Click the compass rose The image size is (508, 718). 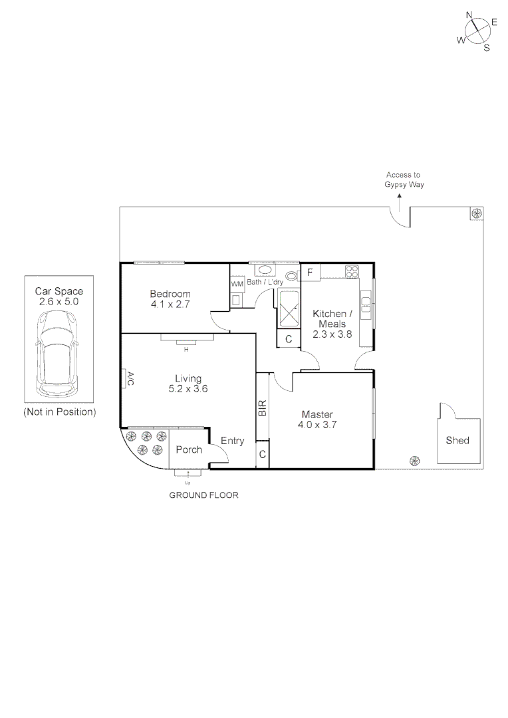pyautogui.click(x=477, y=31)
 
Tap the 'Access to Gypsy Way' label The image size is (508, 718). pyautogui.click(x=404, y=179)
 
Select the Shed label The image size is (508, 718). pyautogui.click(x=457, y=440)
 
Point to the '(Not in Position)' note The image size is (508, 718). pyautogui.click(x=60, y=412)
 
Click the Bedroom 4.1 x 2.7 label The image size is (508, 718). pyautogui.click(x=170, y=299)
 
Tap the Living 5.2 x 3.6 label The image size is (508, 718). pyautogui.click(x=188, y=384)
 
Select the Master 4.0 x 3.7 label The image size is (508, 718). pyautogui.click(x=317, y=419)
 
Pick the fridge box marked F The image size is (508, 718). pyautogui.click(x=310, y=273)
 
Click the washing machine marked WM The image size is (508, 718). pyautogui.click(x=237, y=284)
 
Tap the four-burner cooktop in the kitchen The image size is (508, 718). pyautogui.click(x=352, y=271)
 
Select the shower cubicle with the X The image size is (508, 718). pyautogui.click(x=289, y=310)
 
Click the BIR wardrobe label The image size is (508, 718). pyautogui.click(x=262, y=408)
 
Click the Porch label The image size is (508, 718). pyautogui.click(x=189, y=450)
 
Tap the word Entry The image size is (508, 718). pyautogui.click(x=233, y=441)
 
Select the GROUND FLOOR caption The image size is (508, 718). pyautogui.click(x=203, y=495)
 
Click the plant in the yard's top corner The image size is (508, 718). pyautogui.click(x=476, y=213)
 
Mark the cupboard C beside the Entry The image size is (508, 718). pyautogui.click(x=263, y=455)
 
